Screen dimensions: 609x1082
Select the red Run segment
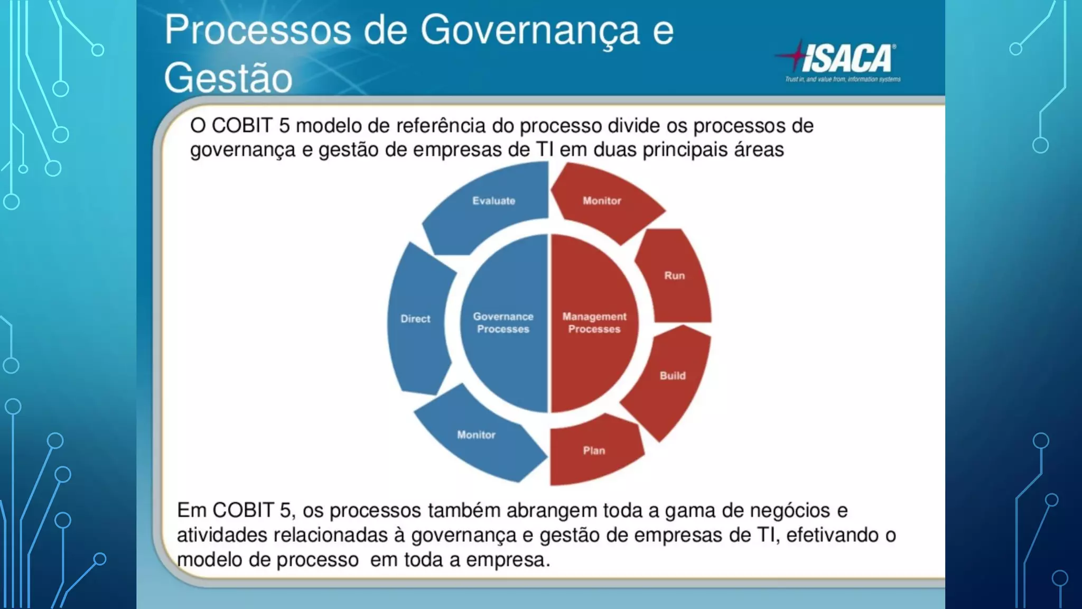click(x=674, y=276)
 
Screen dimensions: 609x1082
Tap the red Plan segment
click(x=594, y=451)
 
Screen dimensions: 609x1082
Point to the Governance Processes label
click(x=503, y=323)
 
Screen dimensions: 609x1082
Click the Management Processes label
click(x=594, y=323)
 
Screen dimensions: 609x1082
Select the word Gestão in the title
click(x=228, y=78)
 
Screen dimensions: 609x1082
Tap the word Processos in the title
click(x=258, y=31)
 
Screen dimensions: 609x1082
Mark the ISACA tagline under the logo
click(x=843, y=79)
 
